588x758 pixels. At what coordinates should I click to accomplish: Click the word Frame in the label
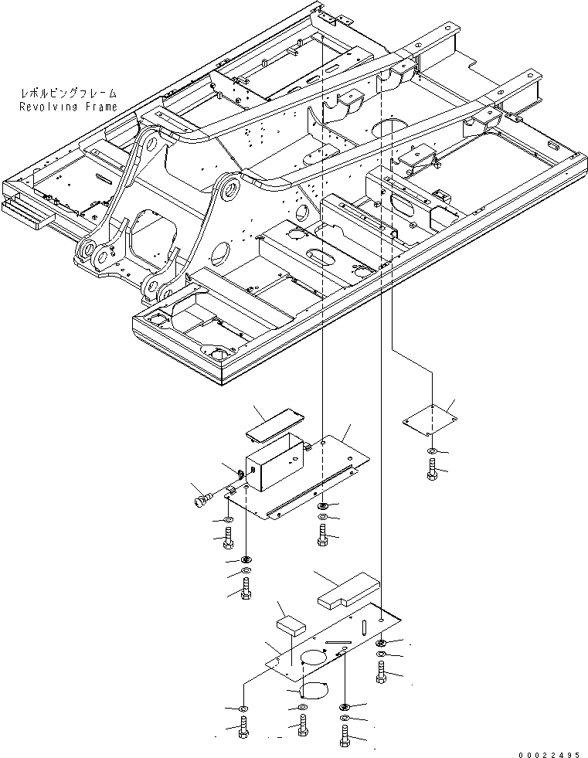pos(98,107)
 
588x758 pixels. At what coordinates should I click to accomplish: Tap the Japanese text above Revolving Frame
pos(69,94)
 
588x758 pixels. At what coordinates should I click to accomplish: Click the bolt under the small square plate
pos(431,468)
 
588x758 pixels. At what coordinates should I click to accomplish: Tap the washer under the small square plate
pos(431,450)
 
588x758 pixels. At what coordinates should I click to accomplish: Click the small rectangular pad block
pos(291,624)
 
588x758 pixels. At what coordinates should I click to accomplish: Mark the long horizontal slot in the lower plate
pos(340,639)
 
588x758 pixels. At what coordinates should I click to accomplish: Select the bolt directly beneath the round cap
pos(301,726)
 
